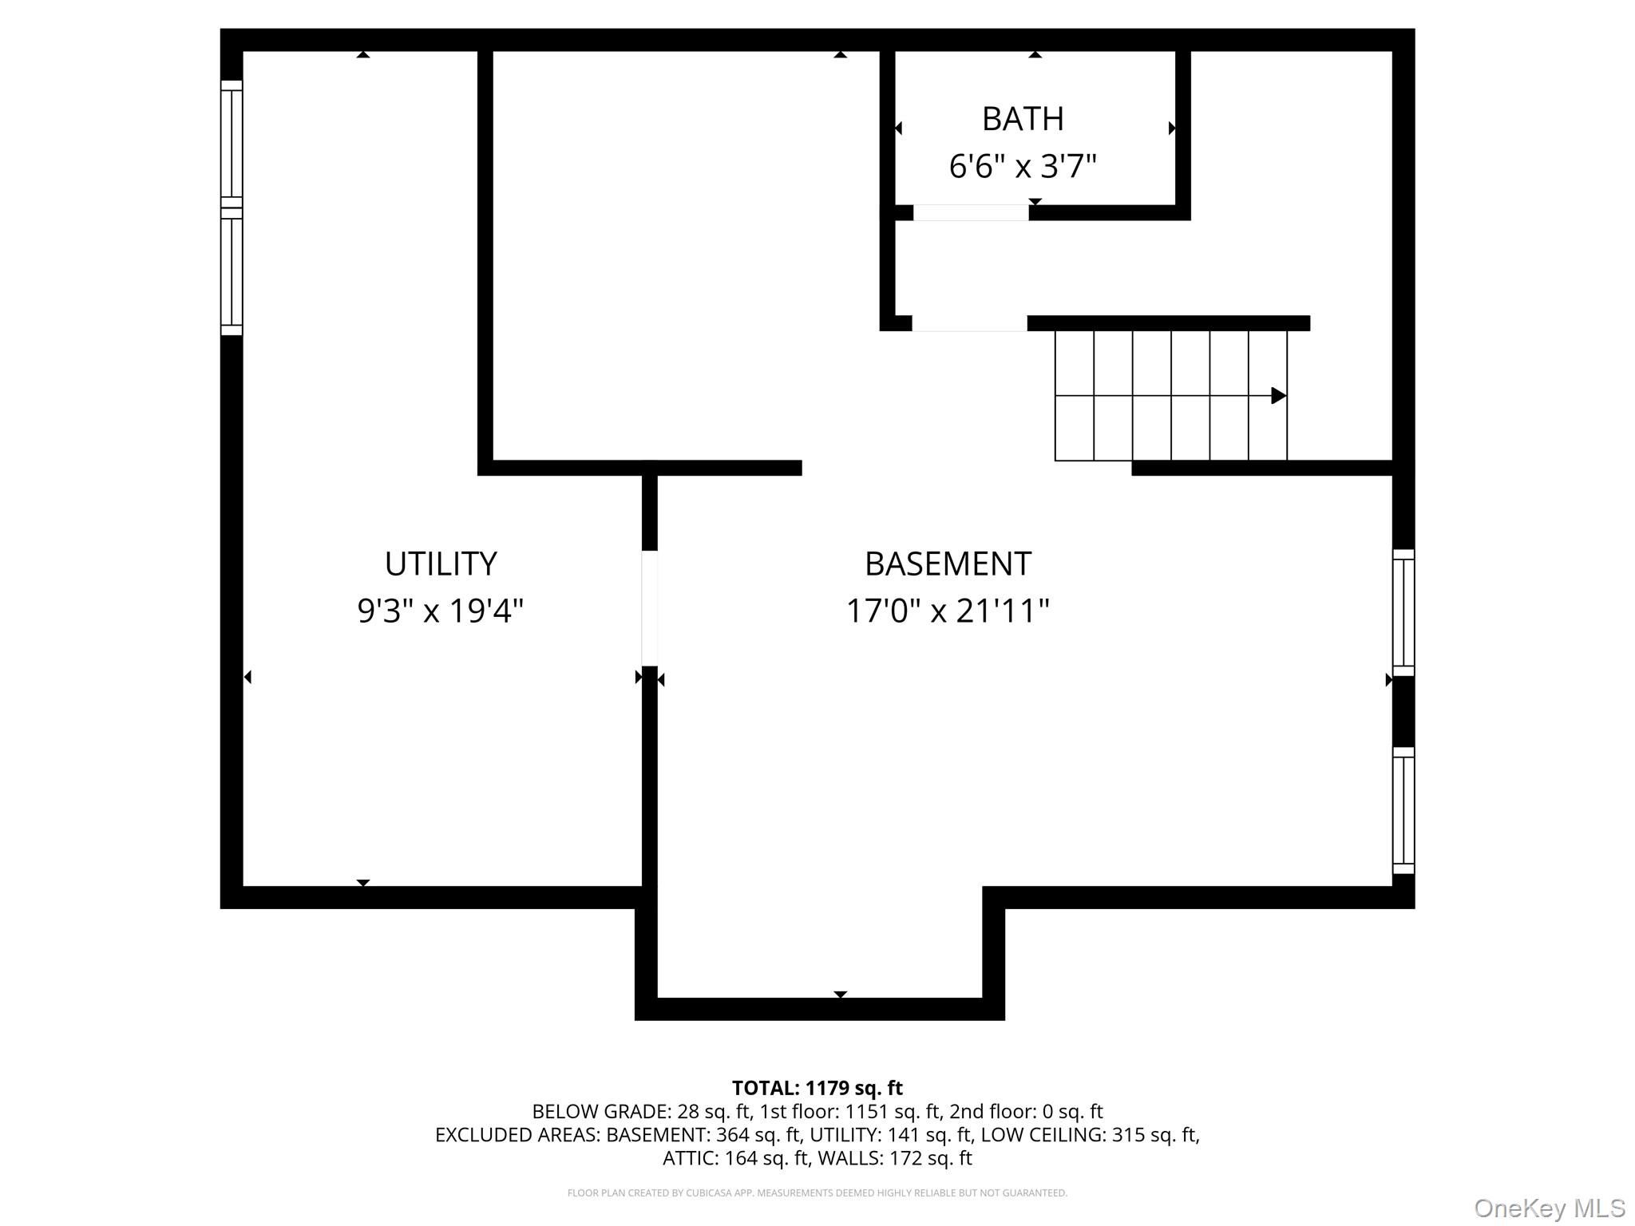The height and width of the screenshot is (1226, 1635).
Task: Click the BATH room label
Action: [1023, 119]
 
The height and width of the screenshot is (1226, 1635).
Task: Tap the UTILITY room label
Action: [441, 564]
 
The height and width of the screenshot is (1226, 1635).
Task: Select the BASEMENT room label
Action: [948, 564]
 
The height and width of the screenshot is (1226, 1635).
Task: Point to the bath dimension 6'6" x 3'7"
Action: [1023, 166]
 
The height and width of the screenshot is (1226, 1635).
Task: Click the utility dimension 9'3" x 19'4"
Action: [441, 611]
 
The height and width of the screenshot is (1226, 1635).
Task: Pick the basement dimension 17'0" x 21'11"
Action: [948, 611]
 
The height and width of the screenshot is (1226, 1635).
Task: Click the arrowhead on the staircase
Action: [1279, 395]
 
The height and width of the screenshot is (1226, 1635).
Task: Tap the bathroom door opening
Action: [971, 212]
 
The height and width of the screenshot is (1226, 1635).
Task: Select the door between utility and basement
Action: [650, 608]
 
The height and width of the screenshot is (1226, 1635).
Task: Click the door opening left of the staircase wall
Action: [969, 323]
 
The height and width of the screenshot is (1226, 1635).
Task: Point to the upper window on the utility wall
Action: [232, 144]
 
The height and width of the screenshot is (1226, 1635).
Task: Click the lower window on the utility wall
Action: [232, 272]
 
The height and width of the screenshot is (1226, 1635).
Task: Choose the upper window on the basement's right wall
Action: [1403, 612]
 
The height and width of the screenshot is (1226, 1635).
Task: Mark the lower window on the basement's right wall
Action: [1403, 810]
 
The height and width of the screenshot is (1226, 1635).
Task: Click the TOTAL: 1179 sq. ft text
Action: [817, 1088]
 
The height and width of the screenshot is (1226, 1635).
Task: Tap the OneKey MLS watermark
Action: [1550, 1208]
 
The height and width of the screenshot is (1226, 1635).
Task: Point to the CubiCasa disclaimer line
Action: [817, 1193]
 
